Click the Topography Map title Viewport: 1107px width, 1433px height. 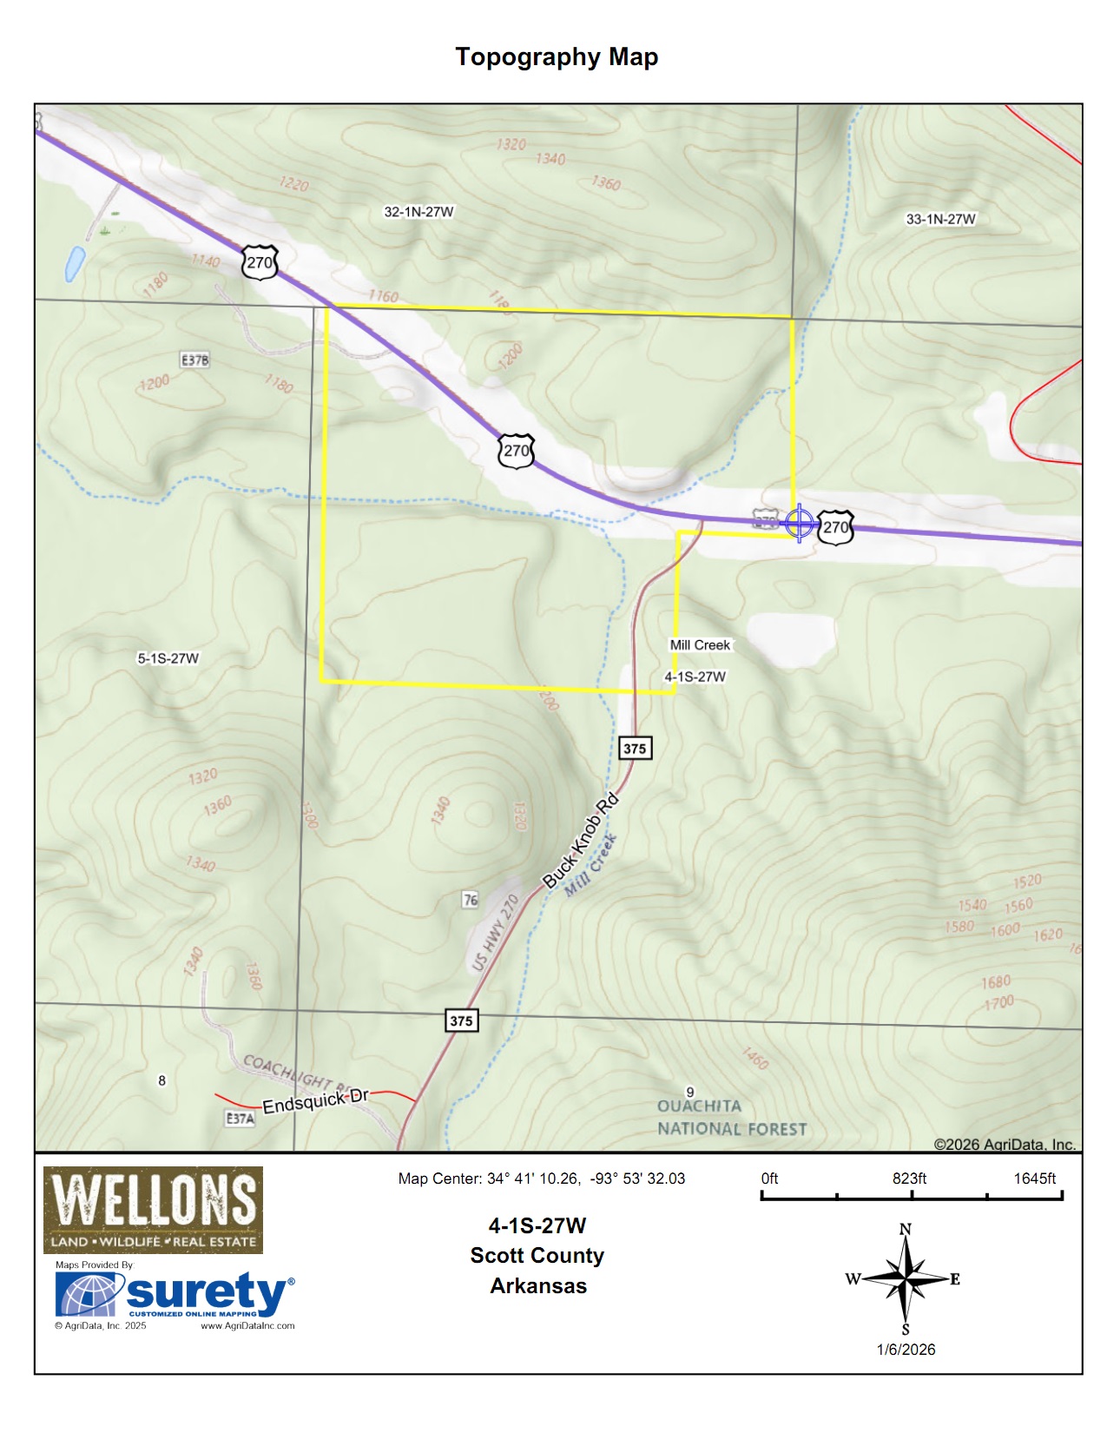click(x=557, y=57)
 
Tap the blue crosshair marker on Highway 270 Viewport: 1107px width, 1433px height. click(x=799, y=523)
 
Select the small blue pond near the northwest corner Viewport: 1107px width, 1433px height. click(x=75, y=264)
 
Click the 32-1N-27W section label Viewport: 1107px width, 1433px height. click(x=418, y=212)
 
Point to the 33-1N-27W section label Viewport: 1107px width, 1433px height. click(x=940, y=220)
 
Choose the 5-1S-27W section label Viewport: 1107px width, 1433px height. click(x=168, y=658)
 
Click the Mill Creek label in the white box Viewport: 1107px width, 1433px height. click(x=700, y=645)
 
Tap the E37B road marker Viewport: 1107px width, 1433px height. click(x=194, y=360)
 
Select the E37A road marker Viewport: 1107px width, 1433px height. click(x=241, y=1119)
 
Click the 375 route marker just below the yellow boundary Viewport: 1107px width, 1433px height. click(x=635, y=749)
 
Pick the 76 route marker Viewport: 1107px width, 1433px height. click(x=470, y=900)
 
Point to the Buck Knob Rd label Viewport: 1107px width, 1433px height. click(x=580, y=841)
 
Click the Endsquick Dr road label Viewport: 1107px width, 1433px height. click(x=316, y=1101)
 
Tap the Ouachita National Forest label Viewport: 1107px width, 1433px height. click(x=731, y=1118)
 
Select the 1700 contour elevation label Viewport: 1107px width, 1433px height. click(x=998, y=1003)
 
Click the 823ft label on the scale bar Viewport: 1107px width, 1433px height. click(x=909, y=1179)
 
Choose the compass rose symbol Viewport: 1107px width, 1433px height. click(x=905, y=1278)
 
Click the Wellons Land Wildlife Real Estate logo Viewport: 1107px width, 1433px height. click(x=153, y=1210)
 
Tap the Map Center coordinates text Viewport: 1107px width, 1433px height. click(x=541, y=1179)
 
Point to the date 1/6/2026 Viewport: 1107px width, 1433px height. click(x=906, y=1350)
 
